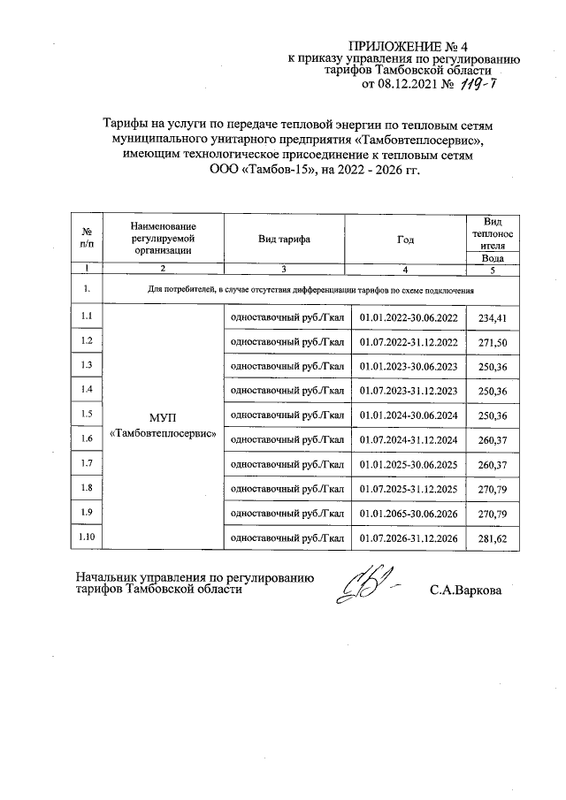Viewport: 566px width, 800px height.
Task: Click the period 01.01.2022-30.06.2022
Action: [409, 317]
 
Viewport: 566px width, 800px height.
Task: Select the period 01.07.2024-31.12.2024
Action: [409, 440]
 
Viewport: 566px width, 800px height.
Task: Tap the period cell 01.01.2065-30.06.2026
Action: [409, 514]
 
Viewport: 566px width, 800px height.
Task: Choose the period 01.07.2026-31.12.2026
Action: [409, 538]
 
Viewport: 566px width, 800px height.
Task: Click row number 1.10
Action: [87, 536]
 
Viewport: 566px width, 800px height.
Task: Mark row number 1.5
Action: [87, 413]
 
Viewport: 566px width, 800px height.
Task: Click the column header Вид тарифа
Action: [283, 239]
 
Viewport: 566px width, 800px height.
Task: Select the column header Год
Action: [406, 239]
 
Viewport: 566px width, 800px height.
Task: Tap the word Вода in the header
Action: [493, 258]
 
